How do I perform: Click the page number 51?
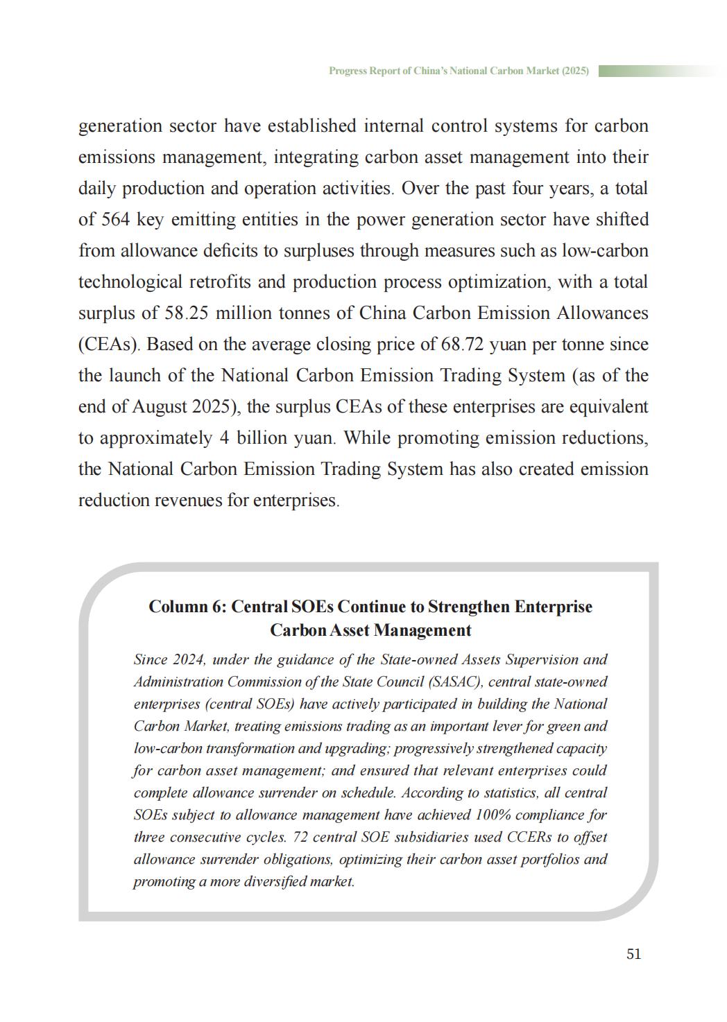pyautogui.click(x=633, y=954)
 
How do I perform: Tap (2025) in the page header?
pyautogui.click(x=575, y=71)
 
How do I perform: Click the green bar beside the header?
pyautogui.click(x=659, y=71)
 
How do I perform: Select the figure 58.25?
pyautogui.click(x=187, y=313)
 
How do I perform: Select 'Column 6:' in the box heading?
pyautogui.click(x=187, y=607)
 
